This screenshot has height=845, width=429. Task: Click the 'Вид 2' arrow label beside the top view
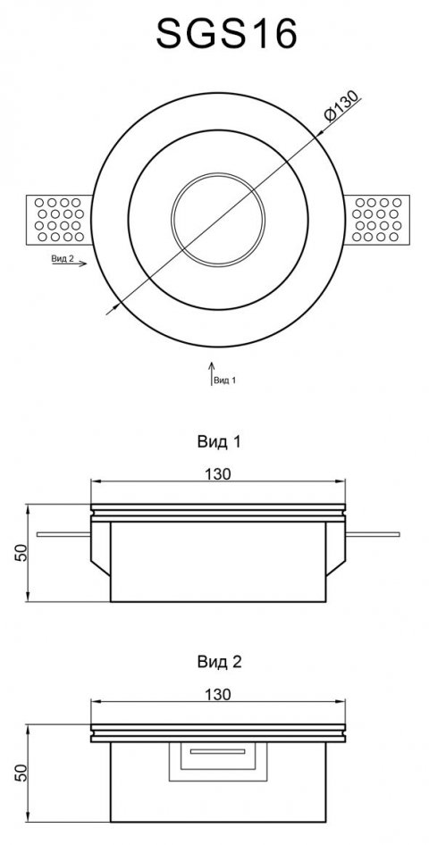63,259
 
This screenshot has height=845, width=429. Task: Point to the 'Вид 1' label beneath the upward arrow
225,381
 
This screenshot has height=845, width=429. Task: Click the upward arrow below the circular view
211,374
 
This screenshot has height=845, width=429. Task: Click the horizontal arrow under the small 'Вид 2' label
70,264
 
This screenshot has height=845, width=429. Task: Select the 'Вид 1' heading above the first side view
219,442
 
